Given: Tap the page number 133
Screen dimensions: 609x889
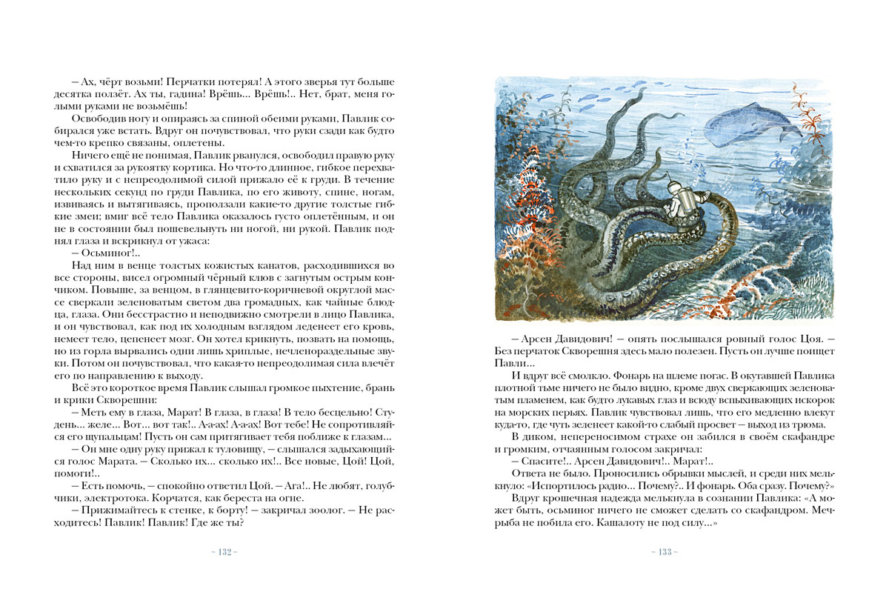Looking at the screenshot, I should pyautogui.click(x=665, y=552).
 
